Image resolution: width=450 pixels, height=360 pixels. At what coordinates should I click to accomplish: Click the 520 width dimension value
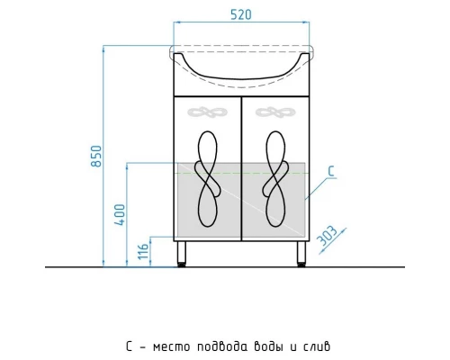(240, 14)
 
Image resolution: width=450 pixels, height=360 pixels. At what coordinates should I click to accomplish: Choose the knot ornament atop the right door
(274, 113)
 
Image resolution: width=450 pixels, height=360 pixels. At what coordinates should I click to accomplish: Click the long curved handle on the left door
(206, 180)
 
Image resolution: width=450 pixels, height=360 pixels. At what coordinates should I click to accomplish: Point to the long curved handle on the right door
(274, 180)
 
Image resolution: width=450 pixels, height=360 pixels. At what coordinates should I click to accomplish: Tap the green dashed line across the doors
(240, 171)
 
